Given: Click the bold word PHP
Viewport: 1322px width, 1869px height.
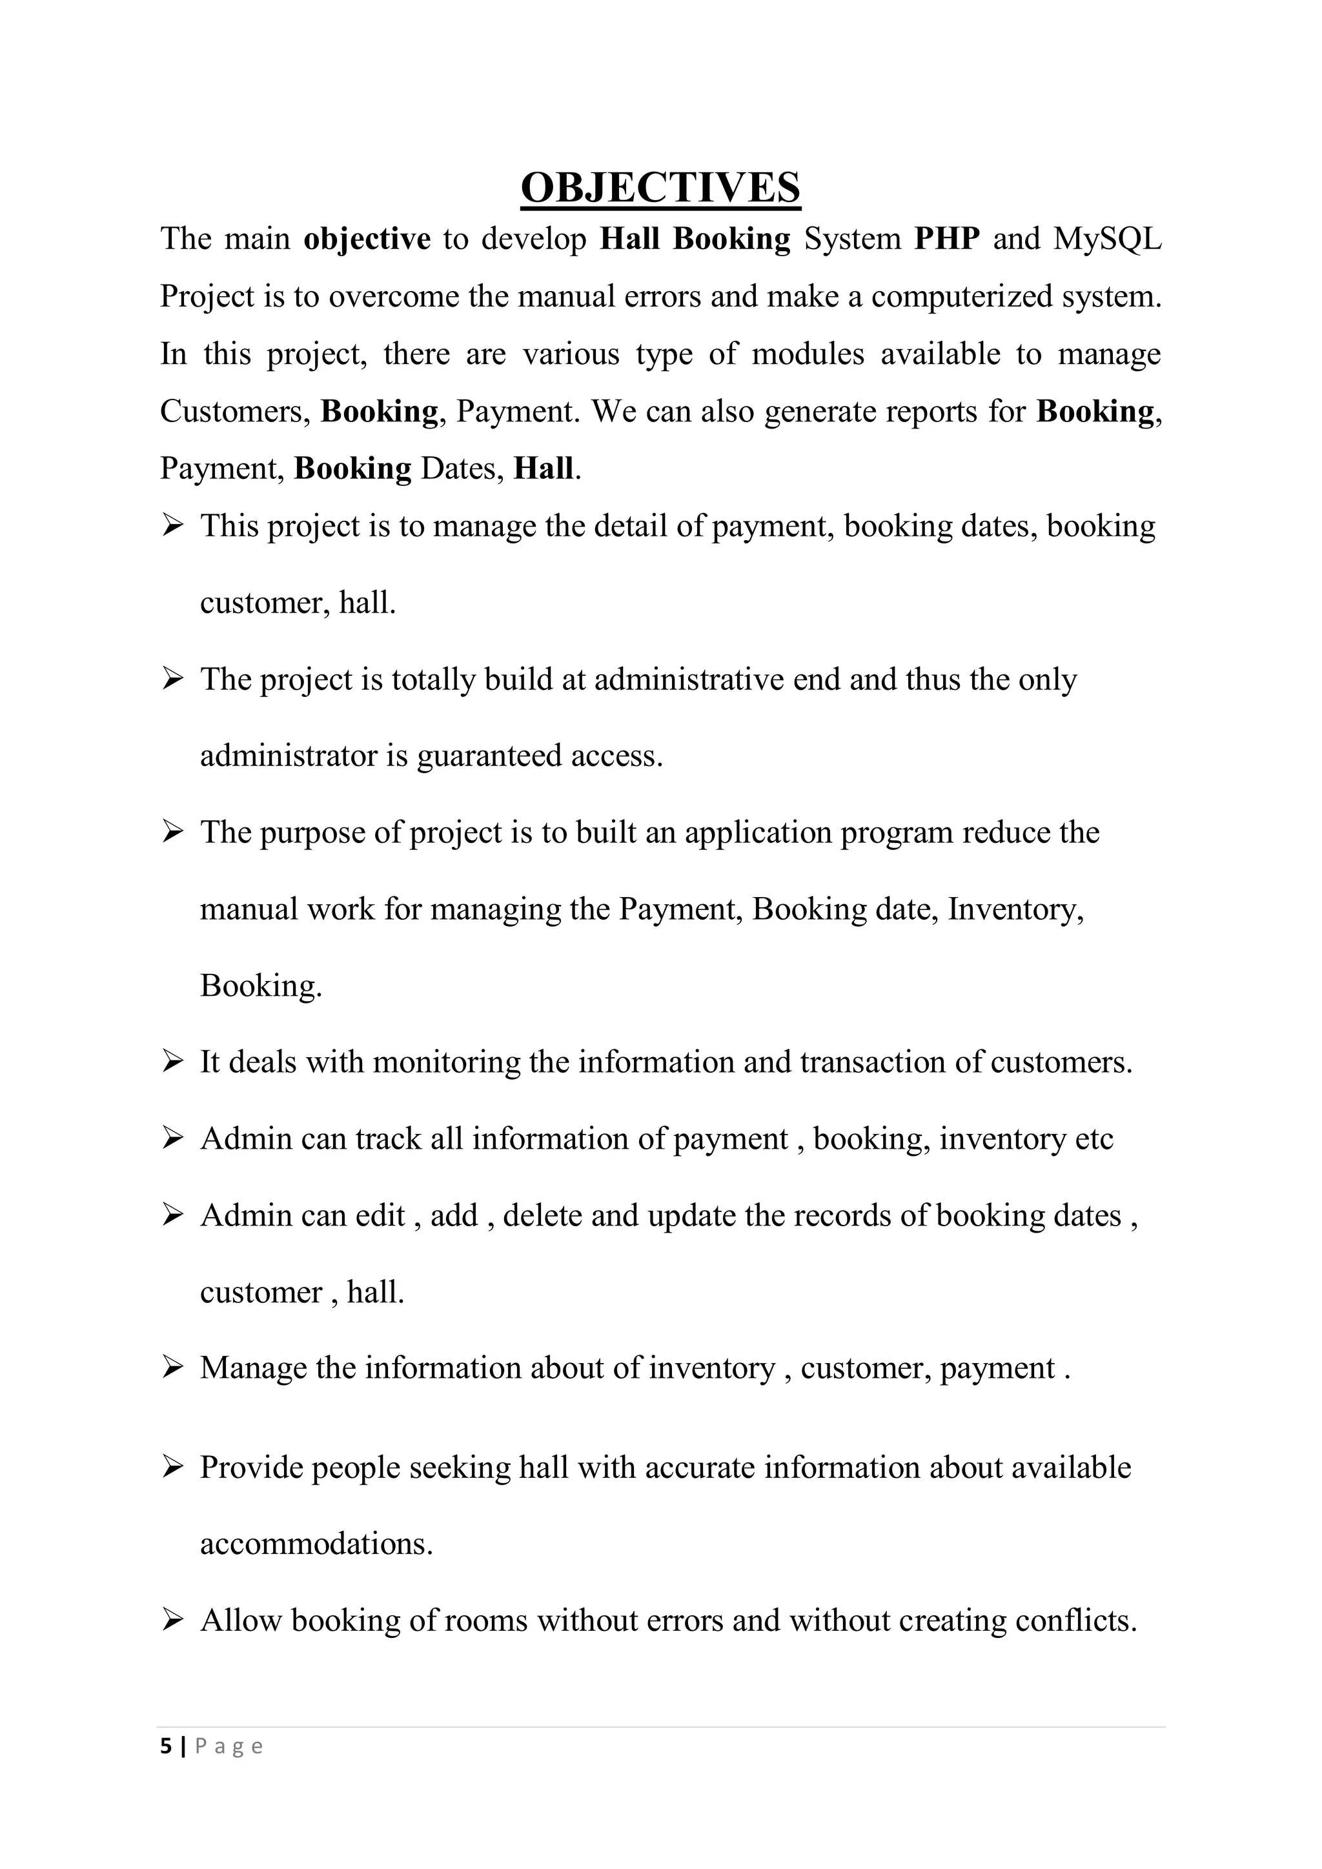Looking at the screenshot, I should pos(947,239).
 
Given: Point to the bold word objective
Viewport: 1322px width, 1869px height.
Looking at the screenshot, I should pos(367,239).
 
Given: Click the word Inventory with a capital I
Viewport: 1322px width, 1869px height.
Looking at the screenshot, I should pos(1014,909).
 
